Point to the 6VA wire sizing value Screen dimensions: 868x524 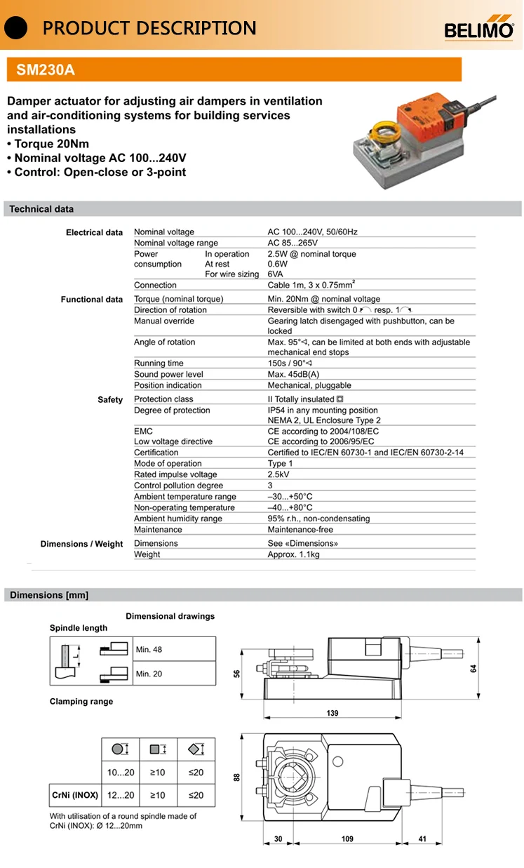[x=276, y=274]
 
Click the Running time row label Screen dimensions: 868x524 [x=159, y=363]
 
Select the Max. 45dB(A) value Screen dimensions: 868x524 [x=293, y=375]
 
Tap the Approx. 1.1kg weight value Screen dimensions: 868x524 [x=293, y=554]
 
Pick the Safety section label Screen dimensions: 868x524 [x=110, y=400]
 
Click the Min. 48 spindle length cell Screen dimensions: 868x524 [x=149, y=650]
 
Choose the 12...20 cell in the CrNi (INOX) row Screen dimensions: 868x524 [x=120, y=795]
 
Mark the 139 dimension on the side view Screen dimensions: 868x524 [x=332, y=714]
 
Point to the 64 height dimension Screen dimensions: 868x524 [x=473, y=669]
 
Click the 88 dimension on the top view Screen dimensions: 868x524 [x=237, y=777]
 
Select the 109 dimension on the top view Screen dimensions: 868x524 [x=347, y=839]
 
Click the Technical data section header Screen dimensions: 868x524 [x=41, y=209]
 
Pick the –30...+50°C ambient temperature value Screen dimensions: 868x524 [x=290, y=497]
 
